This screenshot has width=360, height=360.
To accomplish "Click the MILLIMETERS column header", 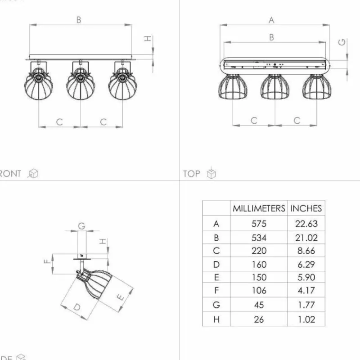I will pos(259,208).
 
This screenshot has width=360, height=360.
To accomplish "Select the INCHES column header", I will pos(306,208).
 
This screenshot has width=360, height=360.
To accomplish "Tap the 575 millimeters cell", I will pos(259,224).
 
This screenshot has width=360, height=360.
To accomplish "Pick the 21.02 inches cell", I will pos(306,237).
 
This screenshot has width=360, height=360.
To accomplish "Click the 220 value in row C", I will pos(259,251).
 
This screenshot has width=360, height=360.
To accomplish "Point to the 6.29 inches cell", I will pos(306,264).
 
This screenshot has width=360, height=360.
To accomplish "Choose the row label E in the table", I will pos(216,278).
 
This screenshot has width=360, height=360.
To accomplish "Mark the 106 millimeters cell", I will pos(259,291).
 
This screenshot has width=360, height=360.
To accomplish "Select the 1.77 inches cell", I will pos(306,305).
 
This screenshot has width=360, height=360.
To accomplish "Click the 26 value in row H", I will pos(259,319).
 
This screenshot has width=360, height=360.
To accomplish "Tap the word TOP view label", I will pos(191,174).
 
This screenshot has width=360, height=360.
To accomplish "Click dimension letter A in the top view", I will pos(271,20).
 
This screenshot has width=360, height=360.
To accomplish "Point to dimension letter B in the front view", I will pos(79,20).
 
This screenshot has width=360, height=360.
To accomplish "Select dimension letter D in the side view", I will pos(77,308).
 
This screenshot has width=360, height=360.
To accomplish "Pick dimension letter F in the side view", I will pos(46,261).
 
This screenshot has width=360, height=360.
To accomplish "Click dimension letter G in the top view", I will pos(342,42).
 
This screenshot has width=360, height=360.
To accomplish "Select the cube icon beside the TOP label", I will pos(211,174).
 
